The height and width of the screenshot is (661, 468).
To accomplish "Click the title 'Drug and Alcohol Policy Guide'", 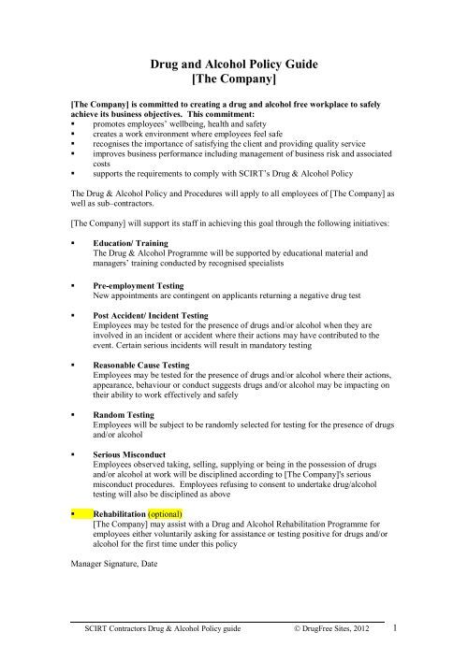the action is (234, 63).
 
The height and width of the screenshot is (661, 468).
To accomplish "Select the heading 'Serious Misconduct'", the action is (132, 454).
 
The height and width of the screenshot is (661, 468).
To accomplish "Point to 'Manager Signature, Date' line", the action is (117, 564).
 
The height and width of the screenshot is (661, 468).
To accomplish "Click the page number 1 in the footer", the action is (396, 628).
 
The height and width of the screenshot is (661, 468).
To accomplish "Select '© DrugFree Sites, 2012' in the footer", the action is (332, 631).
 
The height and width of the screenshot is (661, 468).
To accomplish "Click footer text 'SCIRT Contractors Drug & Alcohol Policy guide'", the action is (164, 631).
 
